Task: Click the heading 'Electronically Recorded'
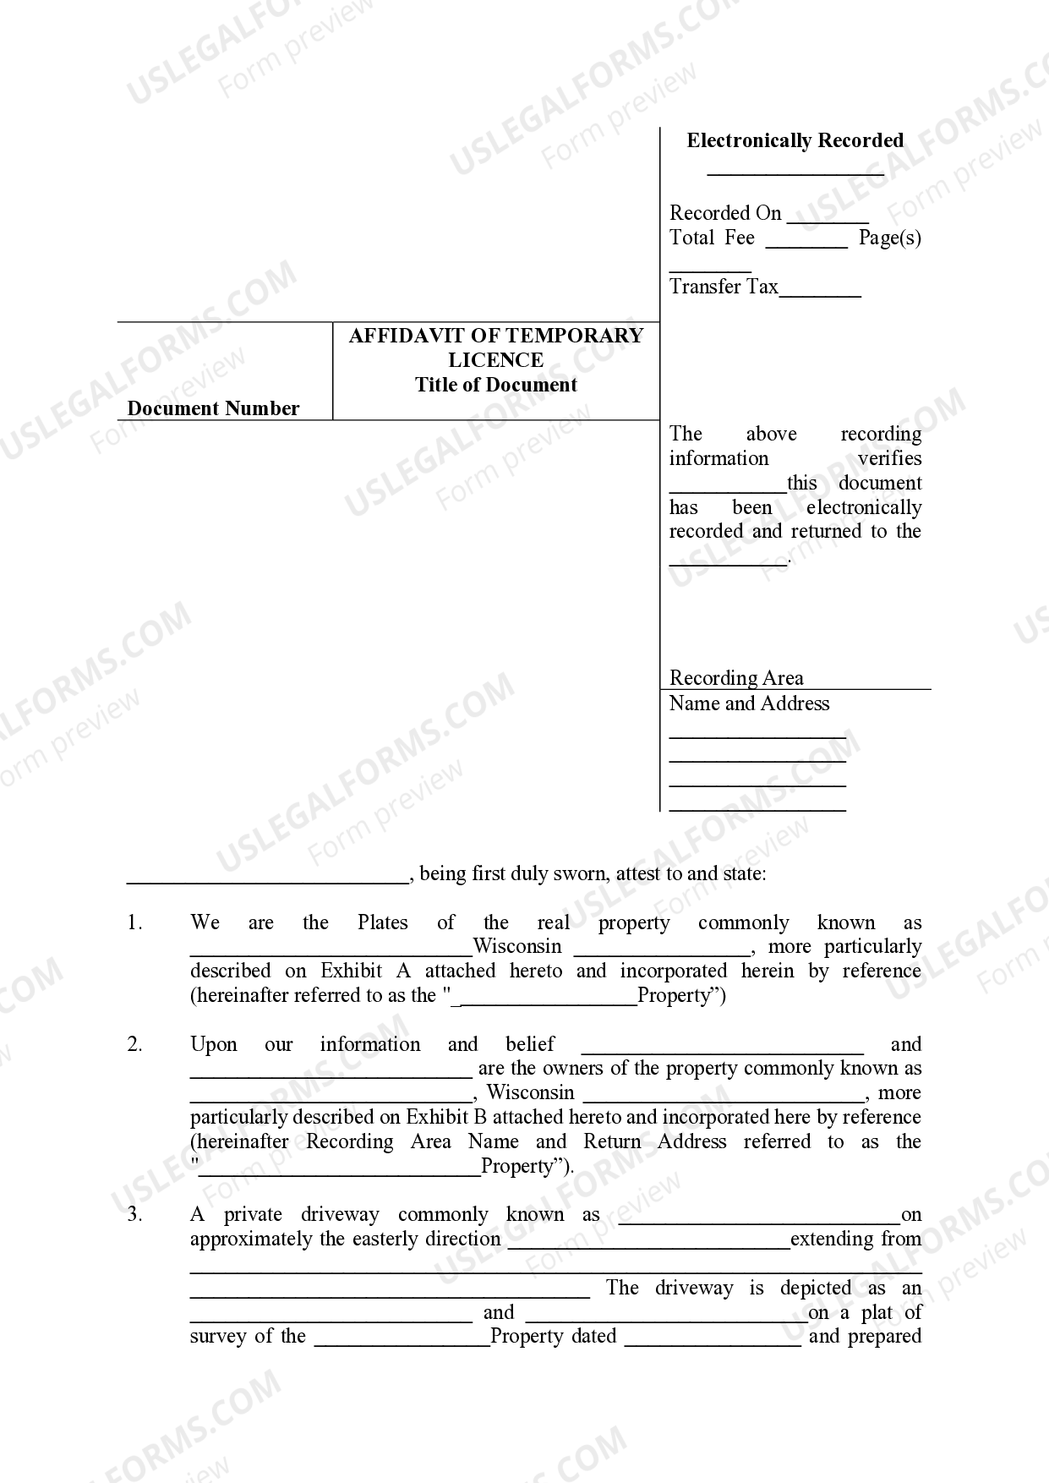point(795,140)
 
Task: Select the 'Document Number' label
point(213,408)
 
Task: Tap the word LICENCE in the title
point(495,360)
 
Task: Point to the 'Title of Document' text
point(495,385)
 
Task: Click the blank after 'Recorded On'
point(827,216)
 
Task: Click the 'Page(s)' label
point(889,238)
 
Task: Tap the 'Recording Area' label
point(736,678)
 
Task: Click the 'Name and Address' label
point(749,703)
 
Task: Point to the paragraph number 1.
point(134,922)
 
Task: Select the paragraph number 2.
point(134,1044)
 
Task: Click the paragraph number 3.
point(134,1215)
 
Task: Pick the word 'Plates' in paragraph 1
point(382,922)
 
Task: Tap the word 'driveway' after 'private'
point(340,1215)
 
